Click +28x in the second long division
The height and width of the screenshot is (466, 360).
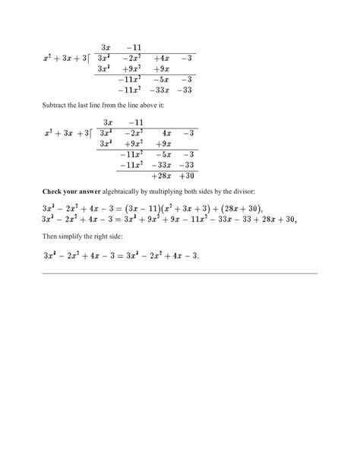(x=161, y=174)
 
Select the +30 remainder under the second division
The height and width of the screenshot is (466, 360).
(x=188, y=174)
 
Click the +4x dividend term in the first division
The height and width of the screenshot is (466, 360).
(x=161, y=59)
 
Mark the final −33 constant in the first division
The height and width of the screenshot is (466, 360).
(x=188, y=90)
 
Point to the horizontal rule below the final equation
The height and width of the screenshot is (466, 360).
(x=179, y=272)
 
